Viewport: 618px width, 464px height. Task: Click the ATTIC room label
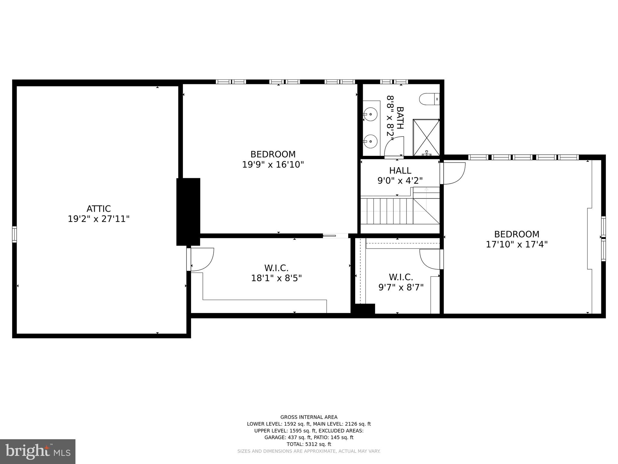coord(99,209)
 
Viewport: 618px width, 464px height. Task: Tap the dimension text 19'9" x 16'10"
coord(273,165)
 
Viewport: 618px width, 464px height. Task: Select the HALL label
coord(400,170)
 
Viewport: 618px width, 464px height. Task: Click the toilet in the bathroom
coord(429,99)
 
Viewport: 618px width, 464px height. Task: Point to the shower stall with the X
coord(426,137)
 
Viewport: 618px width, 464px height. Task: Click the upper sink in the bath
coord(371,114)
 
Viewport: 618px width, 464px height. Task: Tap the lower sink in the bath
coord(371,141)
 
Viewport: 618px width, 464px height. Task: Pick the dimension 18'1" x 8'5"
coord(276,278)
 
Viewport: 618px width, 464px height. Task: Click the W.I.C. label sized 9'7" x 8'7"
coord(401,277)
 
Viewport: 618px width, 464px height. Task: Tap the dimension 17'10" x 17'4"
coord(517,244)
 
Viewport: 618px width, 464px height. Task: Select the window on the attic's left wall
coord(14,234)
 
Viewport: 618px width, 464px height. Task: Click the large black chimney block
coord(188,211)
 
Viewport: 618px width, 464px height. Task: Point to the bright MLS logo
coord(38,451)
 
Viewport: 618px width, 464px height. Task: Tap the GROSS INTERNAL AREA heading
coord(309,417)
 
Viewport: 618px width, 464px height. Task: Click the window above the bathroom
coord(394,82)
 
